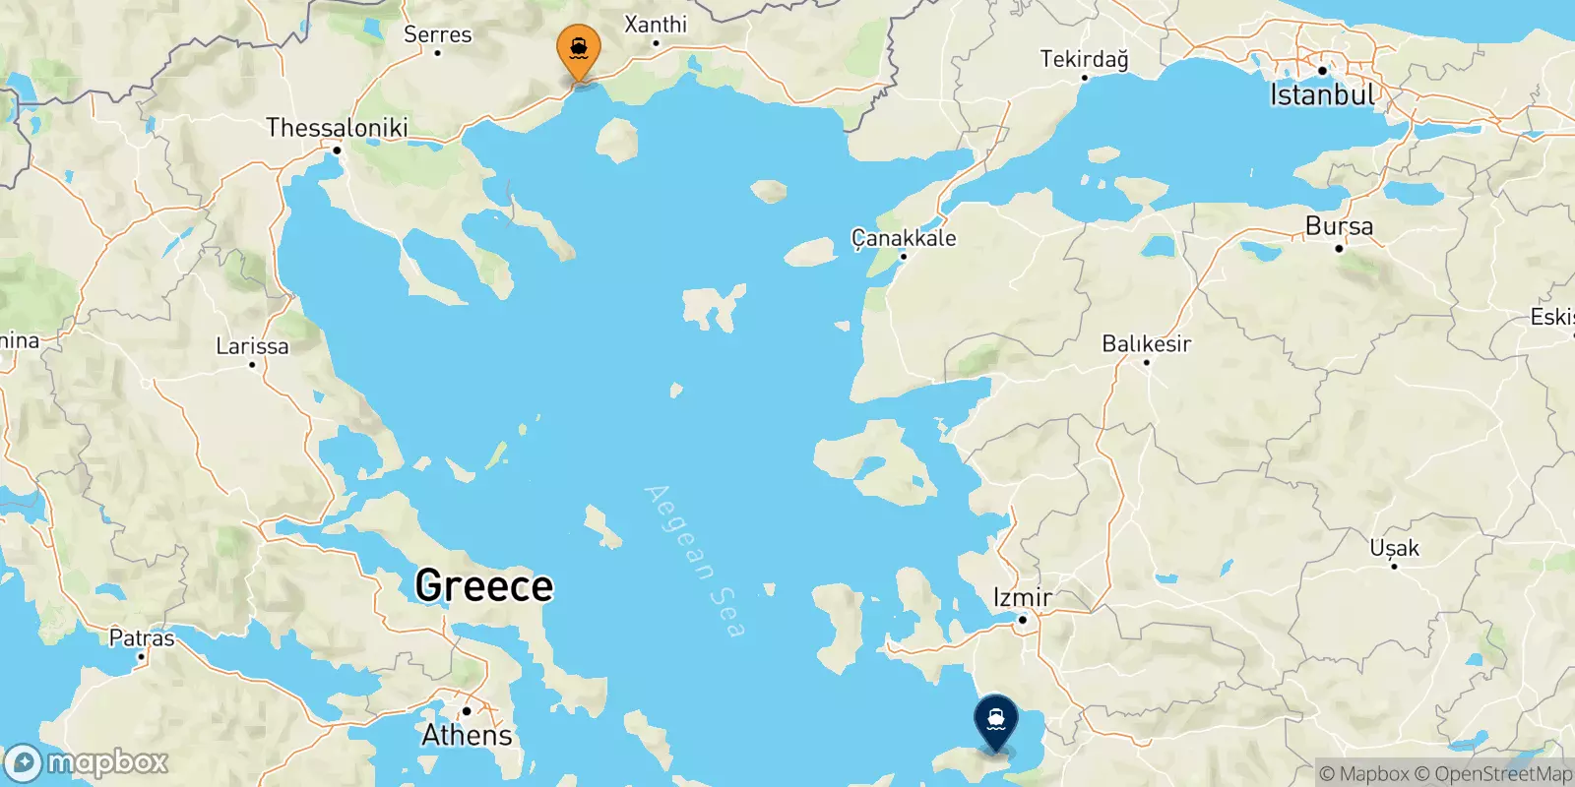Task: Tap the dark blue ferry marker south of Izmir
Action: click(996, 720)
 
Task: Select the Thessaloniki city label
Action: click(337, 127)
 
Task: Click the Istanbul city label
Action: click(1322, 95)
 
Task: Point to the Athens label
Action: click(467, 735)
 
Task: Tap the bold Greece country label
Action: click(484, 585)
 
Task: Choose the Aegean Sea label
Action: click(694, 561)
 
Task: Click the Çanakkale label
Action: click(904, 238)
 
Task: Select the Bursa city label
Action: click(1339, 226)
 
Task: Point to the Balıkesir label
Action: click(1146, 344)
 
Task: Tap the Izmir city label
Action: click(1023, 597)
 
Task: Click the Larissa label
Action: click(252, 346)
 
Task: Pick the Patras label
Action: click(142, 637)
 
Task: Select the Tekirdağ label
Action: click(1084, 59)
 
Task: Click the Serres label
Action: click(438, 34)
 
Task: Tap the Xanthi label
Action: click(656, 24)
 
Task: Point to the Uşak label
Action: click(1394, 548)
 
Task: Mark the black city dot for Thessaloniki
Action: click(337, 151)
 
